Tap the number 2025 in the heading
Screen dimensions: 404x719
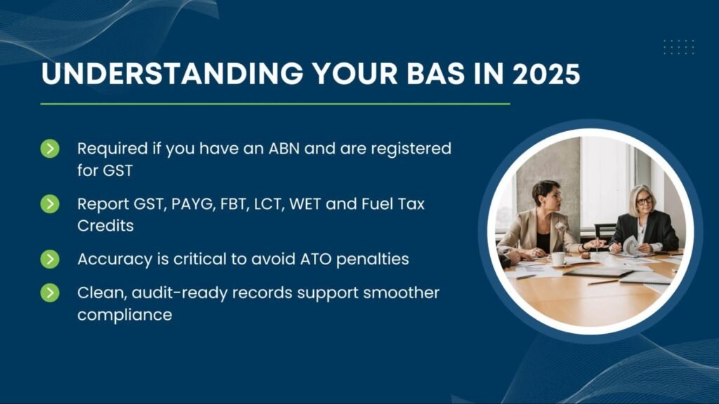point(546,74)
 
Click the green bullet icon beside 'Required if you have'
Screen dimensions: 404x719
point(50,149)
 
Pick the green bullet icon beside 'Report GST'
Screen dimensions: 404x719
point(50,204)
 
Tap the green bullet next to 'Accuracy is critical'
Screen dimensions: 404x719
point(50,259)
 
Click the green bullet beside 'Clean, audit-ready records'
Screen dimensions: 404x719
point(50,292)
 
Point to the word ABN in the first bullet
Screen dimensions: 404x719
point(281,149)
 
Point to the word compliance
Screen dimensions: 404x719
point(124,315)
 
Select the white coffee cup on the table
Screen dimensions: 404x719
point(558,259)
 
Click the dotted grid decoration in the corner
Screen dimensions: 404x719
point(678,47)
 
